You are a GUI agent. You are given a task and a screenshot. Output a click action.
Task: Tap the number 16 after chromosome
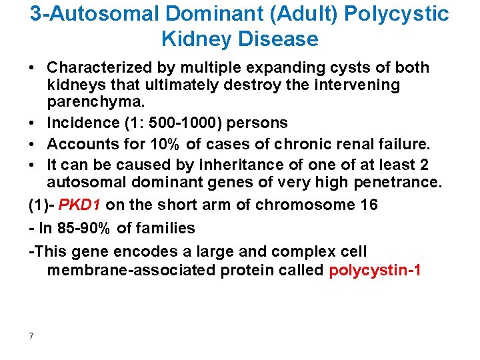click(369, 205)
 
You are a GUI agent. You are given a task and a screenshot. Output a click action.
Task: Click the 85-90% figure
click(89, 228)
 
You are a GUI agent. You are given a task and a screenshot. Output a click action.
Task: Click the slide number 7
click(31, 336)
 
